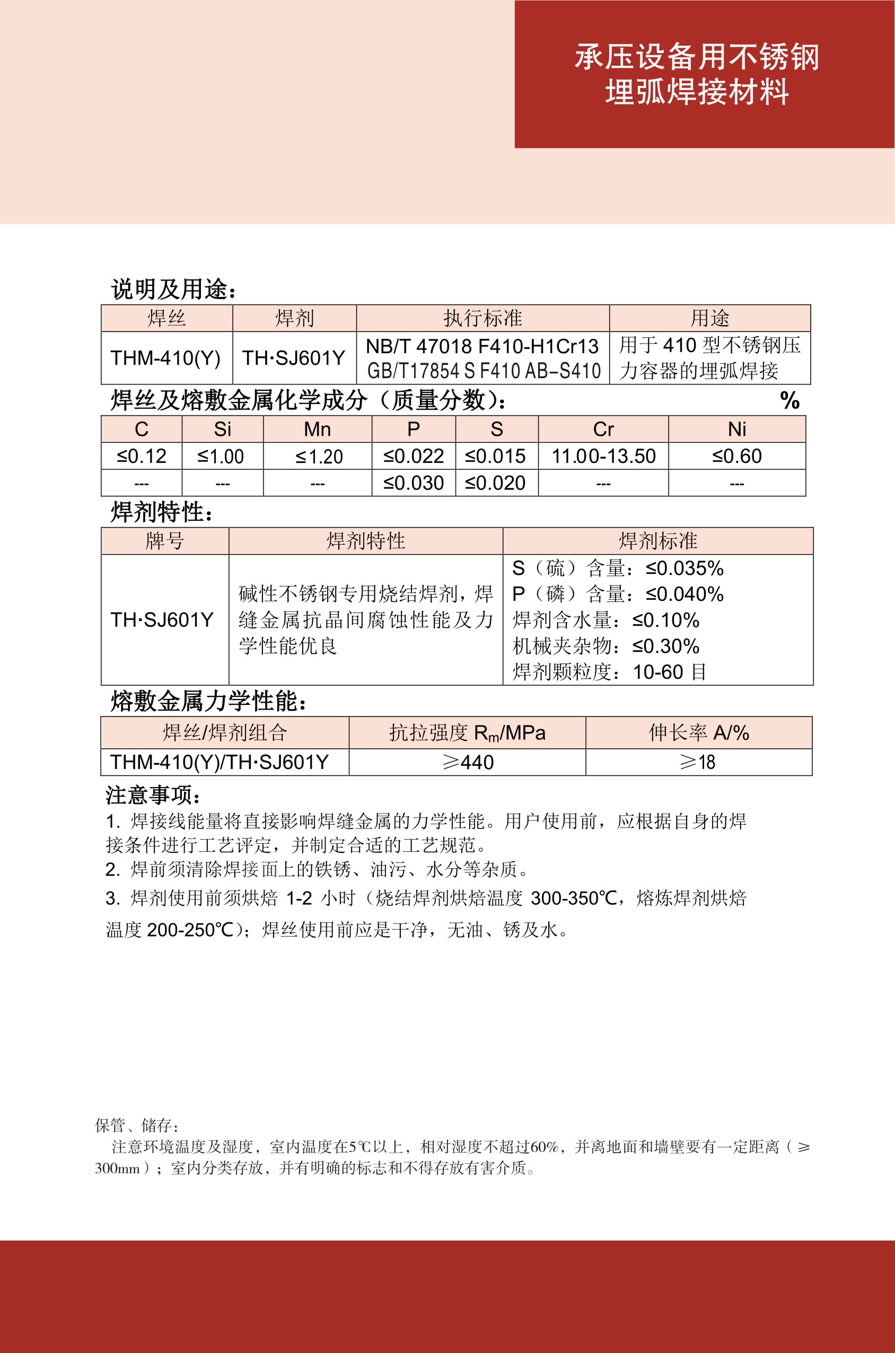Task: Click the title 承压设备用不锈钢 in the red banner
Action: pos(696,57)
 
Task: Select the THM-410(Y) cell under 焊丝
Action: pos(165,358)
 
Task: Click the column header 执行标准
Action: pos(482,318)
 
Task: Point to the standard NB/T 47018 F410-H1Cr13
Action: pos(482,346)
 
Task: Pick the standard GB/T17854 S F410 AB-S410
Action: pos(484,371)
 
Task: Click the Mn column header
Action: pos(318,429)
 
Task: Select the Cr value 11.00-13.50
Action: pos(603,456)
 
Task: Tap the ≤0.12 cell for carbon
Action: pos(142,456)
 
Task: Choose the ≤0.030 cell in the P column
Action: pos(413,483)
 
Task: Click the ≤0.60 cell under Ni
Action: pos(737,456)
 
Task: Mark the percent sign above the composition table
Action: pos(789,400)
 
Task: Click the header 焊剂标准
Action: pos(657,540)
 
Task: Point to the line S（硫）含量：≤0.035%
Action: pos(618,568)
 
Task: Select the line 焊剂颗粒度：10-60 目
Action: pos(609,672)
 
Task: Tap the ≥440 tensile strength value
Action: pos(468,762)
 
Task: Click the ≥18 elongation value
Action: pos(698,762)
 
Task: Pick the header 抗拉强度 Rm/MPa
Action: pos(467,732)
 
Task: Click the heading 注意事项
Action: pos(153,795)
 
